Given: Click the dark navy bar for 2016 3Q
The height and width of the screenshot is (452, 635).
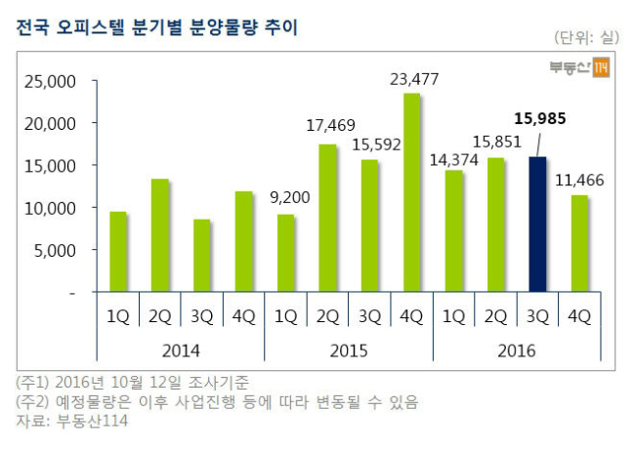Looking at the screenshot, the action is tap(537, 225).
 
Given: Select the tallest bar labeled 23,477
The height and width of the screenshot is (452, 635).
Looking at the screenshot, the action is tap(412, 192).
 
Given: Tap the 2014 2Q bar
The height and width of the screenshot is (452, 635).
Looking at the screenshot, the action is tap(160, 235).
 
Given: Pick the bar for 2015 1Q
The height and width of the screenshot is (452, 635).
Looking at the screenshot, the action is tap(286, 253).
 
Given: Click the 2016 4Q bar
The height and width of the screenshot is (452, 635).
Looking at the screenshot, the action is tap(579, 244).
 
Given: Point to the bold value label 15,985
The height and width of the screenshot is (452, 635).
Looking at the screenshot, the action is tap(540, 118).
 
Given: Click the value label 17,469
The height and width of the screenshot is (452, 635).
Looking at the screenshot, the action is tap(330, 125).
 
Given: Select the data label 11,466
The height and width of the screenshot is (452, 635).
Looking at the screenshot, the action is tap(579, 180).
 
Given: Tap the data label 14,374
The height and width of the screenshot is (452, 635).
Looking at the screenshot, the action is tap(454, 160).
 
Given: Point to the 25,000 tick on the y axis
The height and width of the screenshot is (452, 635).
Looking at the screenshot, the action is tap(50, 81).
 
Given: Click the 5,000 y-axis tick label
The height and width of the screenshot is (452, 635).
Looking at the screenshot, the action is tap(55, 251).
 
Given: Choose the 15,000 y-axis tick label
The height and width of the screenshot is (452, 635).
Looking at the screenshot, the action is tap(50, 166).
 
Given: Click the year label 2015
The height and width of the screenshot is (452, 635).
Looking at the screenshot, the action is tap(349, 350).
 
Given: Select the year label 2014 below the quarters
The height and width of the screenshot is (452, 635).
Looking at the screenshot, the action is tap(181, 350).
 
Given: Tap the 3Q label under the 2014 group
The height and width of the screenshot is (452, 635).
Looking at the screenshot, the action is tap(201, 316).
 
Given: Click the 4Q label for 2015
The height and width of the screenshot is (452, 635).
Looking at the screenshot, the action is tap(411, 316).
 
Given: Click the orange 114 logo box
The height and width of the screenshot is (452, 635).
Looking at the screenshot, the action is tap(601, 67).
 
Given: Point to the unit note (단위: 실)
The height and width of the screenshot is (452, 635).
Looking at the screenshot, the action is tap(587, 38).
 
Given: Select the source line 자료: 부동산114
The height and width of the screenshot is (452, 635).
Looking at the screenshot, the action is tap(72, 421).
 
